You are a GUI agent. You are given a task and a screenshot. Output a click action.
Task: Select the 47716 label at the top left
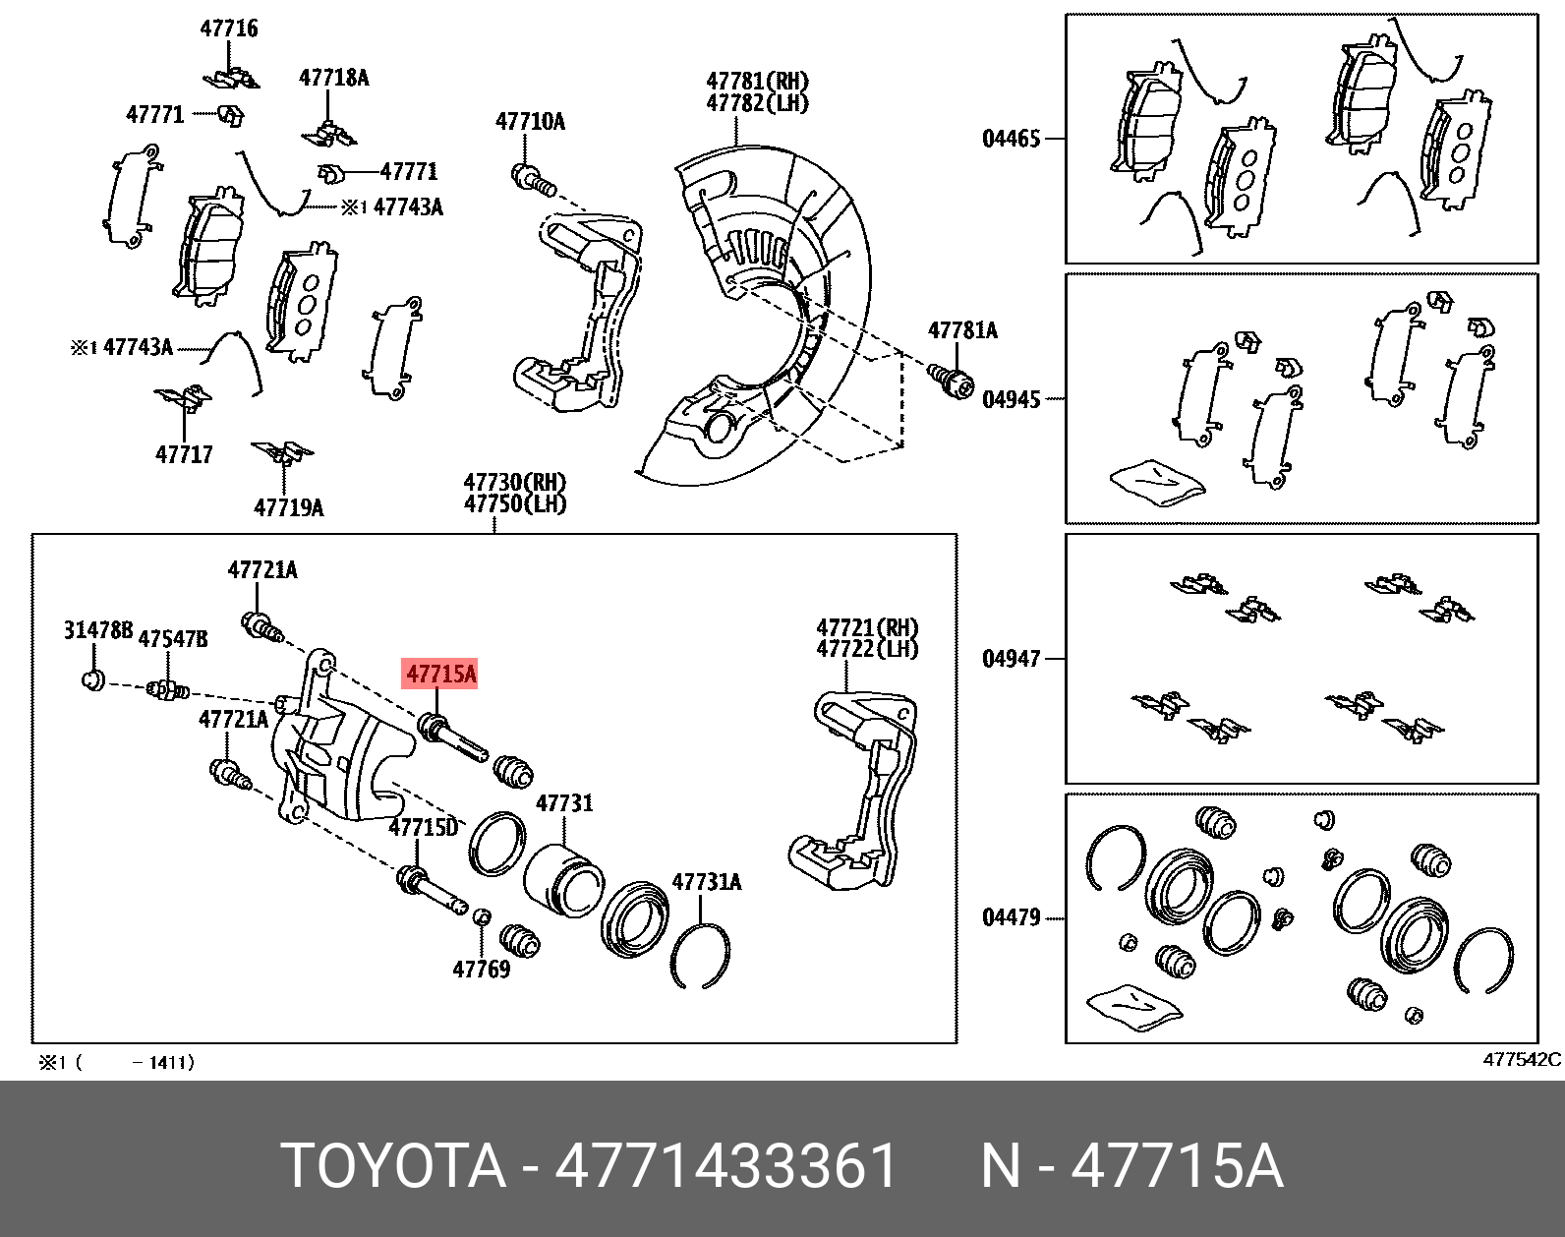(x=229, y=29)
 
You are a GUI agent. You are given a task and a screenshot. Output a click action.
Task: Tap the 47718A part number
(x=334, y=78)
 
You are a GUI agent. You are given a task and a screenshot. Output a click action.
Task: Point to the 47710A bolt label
(x=531, y=122)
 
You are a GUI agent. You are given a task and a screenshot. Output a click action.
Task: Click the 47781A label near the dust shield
(x=962, y=330)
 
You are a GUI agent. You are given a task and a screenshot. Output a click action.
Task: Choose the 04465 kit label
(x=1012, y=139)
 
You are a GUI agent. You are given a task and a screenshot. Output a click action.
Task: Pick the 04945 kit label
(x=1012, y=399)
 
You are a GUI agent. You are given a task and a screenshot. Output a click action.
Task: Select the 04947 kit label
(x=1012, y=659)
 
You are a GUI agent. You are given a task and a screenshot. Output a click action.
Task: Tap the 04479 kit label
(x=1012, y=917)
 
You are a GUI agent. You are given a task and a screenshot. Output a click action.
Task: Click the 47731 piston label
(x=564, y=803)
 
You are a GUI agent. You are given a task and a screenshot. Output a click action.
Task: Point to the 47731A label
(x=707, y=882)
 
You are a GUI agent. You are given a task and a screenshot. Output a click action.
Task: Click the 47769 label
(x=482, y=970)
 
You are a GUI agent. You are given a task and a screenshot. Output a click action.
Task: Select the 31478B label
(x=98, y=630)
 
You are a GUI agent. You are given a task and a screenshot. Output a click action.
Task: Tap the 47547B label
(x=173, y=639)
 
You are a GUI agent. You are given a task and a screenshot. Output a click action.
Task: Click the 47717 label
(x=184, y=454)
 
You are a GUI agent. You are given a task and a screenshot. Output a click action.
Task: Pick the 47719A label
(x=289, y=507)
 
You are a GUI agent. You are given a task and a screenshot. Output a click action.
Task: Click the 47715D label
(x=424, y=827)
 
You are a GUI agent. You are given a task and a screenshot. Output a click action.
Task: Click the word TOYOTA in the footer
(x=393, y=1166)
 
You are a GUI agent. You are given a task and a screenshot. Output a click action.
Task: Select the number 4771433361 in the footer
(x=726, y=1166)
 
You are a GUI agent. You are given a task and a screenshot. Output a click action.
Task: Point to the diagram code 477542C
(x=1521, y=1059)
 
